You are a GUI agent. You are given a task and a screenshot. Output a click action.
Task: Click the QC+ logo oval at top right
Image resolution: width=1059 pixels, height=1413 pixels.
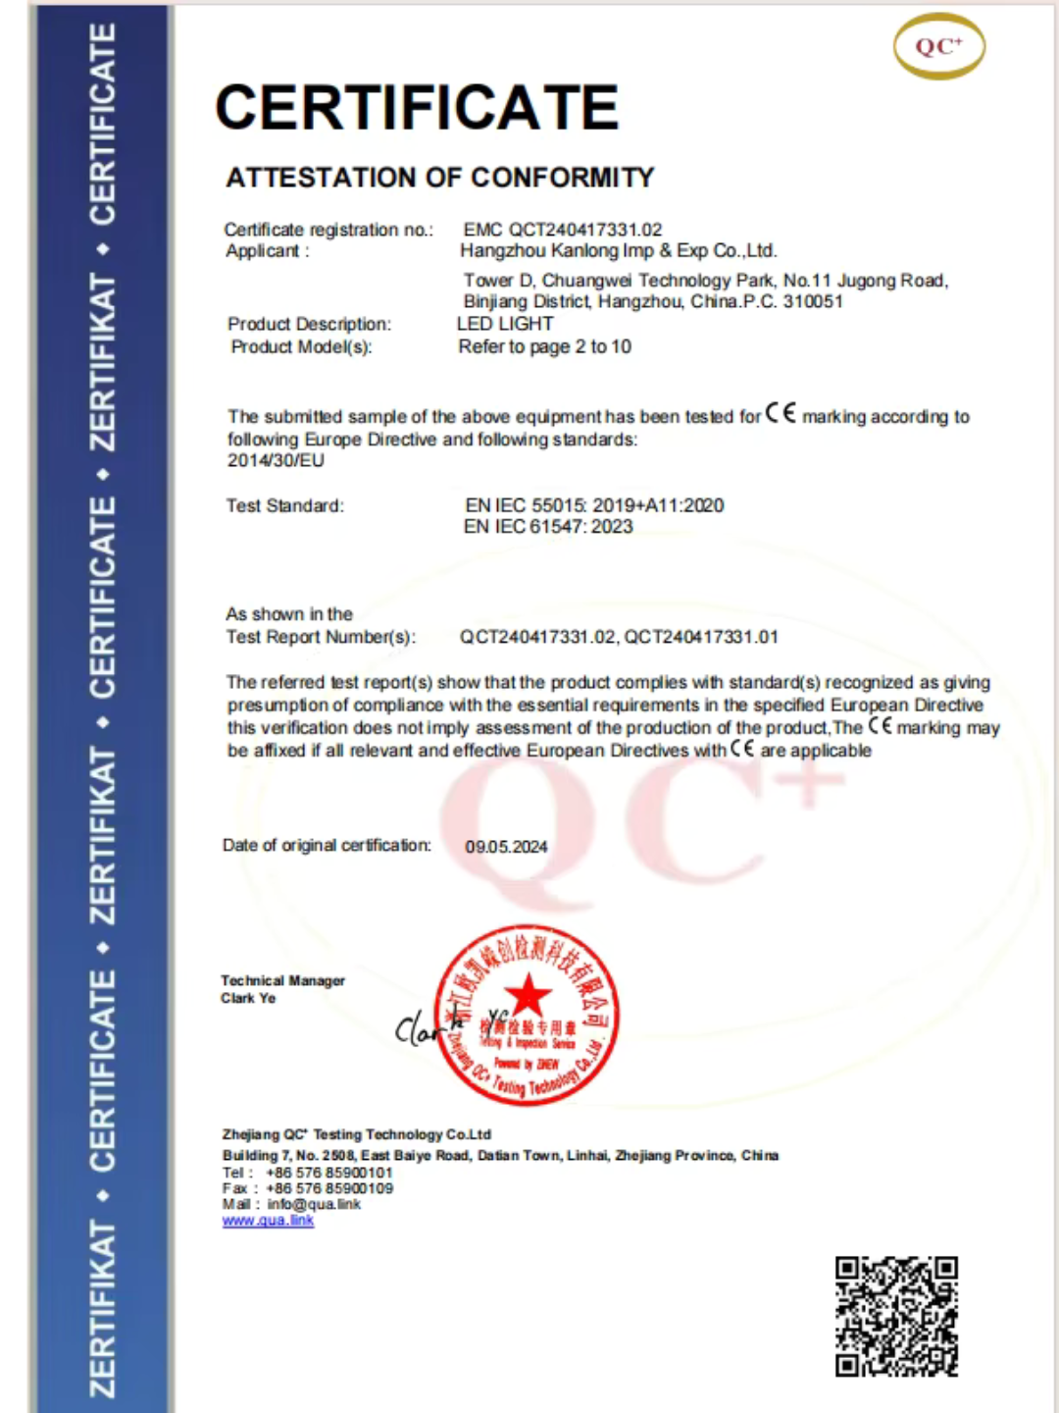[x=938, y=46]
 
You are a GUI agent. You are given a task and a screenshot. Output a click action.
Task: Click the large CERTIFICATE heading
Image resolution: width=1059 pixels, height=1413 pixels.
[x=417, y=107]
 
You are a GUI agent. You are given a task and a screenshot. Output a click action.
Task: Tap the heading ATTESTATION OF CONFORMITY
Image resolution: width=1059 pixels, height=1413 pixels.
[x=439, y=178]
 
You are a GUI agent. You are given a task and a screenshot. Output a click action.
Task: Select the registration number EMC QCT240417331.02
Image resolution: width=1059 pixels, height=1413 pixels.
[x=563, y=230]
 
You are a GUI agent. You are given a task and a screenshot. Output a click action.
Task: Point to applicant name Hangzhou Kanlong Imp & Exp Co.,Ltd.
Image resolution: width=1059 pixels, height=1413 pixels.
[x=618, y=251]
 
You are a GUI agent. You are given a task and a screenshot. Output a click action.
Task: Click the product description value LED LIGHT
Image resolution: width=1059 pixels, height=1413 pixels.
[x=505, y=324]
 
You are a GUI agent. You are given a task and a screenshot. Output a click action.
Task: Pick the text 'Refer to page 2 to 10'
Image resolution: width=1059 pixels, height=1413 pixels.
[x=544, y=346]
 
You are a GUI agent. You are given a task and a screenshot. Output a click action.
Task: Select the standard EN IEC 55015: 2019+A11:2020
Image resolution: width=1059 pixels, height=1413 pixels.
[x=594, y=505]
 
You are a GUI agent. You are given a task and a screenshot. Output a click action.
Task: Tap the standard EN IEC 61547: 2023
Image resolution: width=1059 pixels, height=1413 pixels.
[x=548, y=527]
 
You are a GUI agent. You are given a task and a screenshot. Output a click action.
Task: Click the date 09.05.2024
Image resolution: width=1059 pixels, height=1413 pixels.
[x=506, y=847]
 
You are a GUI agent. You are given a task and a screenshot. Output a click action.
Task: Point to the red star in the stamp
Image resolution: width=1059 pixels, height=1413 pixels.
[x=528, y=995]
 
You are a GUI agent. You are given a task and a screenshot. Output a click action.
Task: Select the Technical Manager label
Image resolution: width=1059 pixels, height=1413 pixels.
[x=282, y=980]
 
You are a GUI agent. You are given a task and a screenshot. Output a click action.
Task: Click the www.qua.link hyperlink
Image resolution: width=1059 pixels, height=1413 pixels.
[x=268, y=1221]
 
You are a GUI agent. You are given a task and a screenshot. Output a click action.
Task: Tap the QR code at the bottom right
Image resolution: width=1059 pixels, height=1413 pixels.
[x=896, y=1317]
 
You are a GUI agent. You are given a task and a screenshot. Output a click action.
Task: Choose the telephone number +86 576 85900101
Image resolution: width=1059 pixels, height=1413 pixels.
[x=328, y=1173]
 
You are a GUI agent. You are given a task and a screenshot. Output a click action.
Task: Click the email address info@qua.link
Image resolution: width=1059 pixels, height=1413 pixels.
[x=314, y=1204]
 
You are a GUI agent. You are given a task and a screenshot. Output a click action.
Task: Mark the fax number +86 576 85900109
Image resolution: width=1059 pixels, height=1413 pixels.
[x=328, y=1188]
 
